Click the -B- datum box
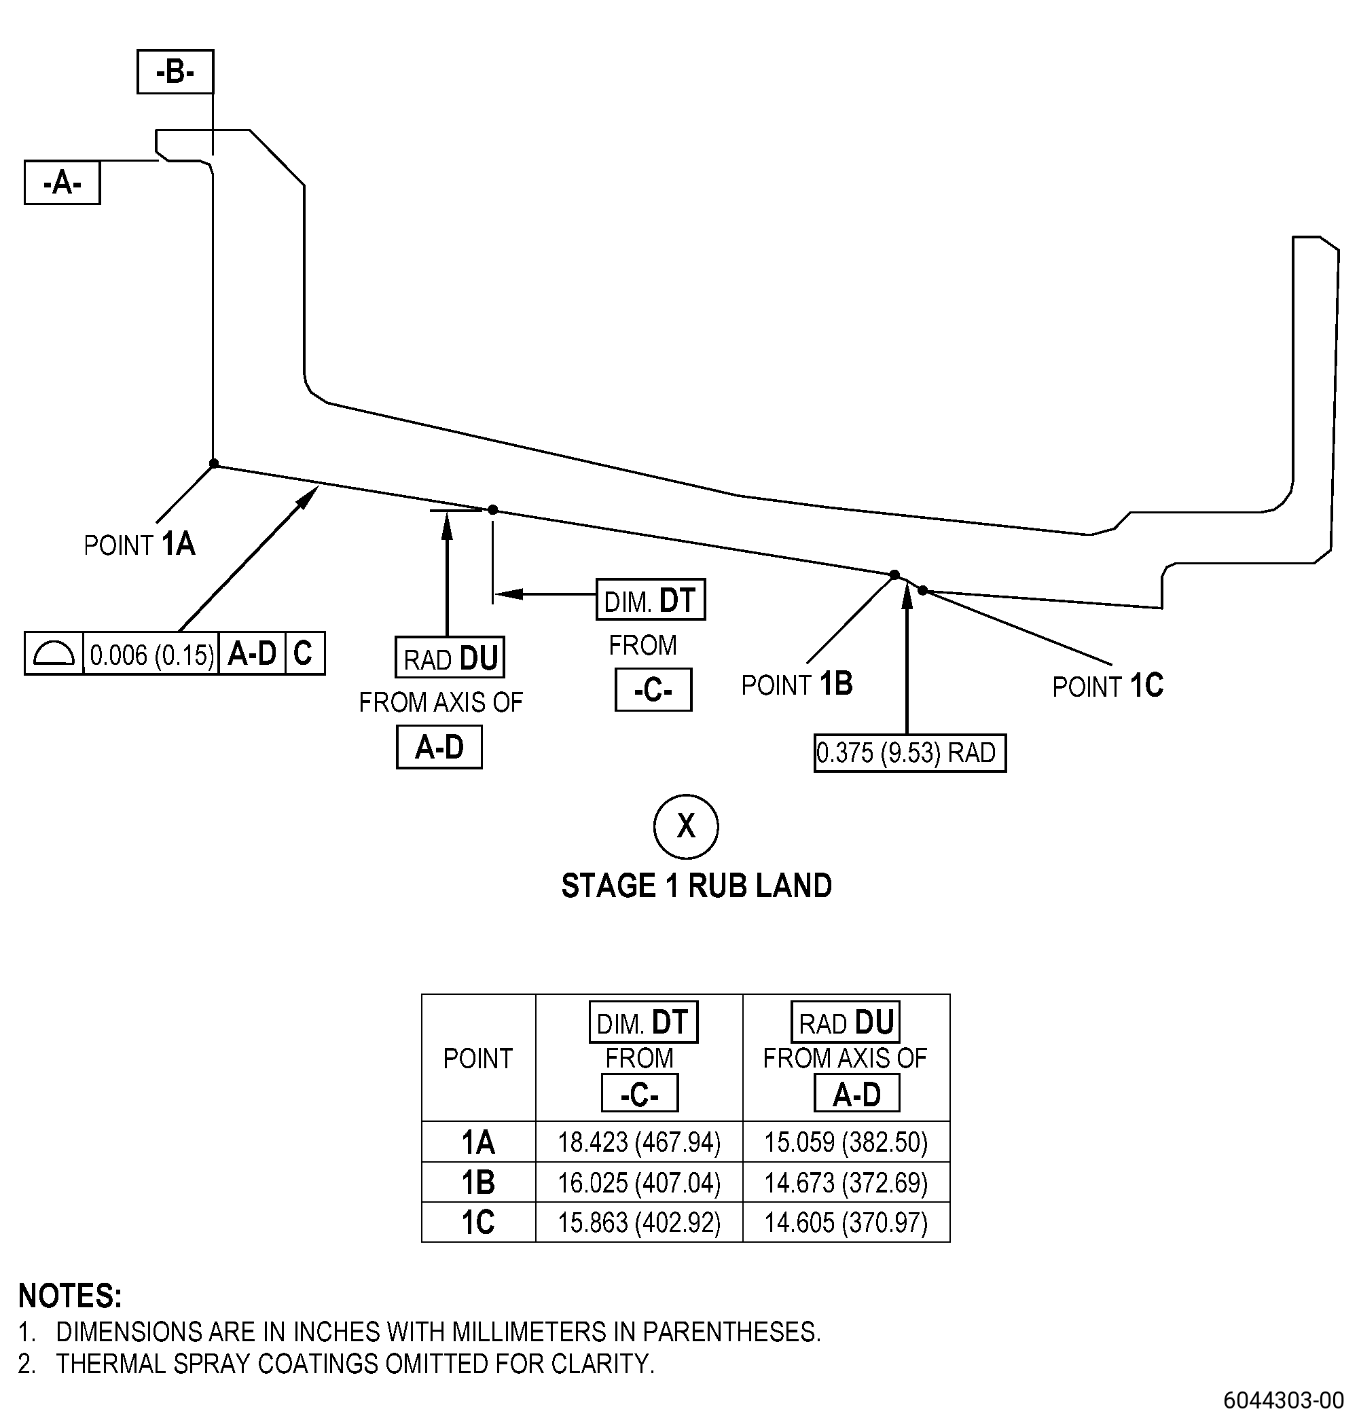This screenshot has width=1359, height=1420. (x=175, y=72)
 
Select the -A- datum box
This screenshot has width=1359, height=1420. (x=62, y=183)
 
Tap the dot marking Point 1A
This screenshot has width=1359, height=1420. (x=214, y=464)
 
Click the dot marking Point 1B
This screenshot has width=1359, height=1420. (x=894, y=575)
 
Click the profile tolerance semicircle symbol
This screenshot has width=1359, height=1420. (x=54, y=653)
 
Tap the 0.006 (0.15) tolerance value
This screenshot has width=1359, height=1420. (x=151, y=655)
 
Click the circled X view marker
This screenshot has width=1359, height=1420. (x=686, y=826)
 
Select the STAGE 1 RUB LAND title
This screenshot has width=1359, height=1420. (x=697, y=886)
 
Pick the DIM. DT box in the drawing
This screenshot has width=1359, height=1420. (x=651, y=600)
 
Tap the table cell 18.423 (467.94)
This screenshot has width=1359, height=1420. (x=639, y=1142)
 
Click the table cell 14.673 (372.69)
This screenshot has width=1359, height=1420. (x=846, y=1183)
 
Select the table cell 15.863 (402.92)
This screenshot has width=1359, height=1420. (x=639, y=1223)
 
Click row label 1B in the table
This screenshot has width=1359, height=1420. (x=478, y=1183)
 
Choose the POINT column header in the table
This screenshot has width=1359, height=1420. (x=478, y=1059)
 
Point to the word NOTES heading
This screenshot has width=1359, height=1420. (x=70, y=1296)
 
